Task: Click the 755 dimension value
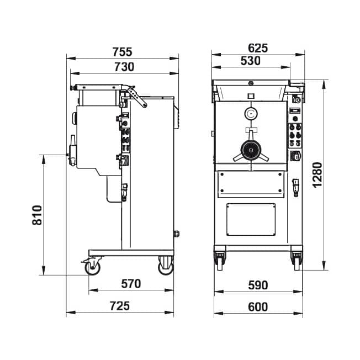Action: point(123,52)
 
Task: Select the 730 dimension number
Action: point(124,67)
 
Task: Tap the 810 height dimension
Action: point(37,215)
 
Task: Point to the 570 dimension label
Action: point(131,284)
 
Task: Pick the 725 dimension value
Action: point(120,306)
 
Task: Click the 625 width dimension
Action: point(258,48)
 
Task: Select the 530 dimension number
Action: point(251,61)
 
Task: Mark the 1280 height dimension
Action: point(317,175)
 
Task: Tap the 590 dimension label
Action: point(258,285)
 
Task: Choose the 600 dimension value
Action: point(258,307)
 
